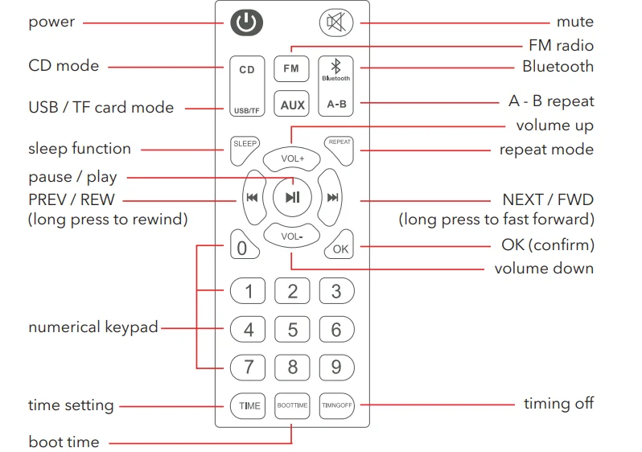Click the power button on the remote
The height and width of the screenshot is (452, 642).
pos(247,22)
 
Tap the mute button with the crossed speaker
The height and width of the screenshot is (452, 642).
pos(335,22)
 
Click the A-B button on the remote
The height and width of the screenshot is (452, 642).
pos(335,104)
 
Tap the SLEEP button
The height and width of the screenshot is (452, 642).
pos(245,144)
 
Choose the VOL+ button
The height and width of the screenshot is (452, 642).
pos(292,158)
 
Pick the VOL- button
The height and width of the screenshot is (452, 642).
pos(291,236)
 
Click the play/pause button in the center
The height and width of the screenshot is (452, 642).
pos(292,197)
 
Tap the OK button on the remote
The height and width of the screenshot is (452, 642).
pos(340,249)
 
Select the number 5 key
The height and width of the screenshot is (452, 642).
pos(292,329)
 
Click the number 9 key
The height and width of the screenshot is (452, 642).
pos(335,368)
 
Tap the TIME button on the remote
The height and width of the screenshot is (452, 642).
pos(249,405)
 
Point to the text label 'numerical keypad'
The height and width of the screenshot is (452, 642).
pos(93,327)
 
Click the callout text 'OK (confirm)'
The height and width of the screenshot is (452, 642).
pos(547,244)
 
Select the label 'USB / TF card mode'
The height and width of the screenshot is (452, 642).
pos(101,108)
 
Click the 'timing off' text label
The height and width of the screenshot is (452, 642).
pos(558,404)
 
